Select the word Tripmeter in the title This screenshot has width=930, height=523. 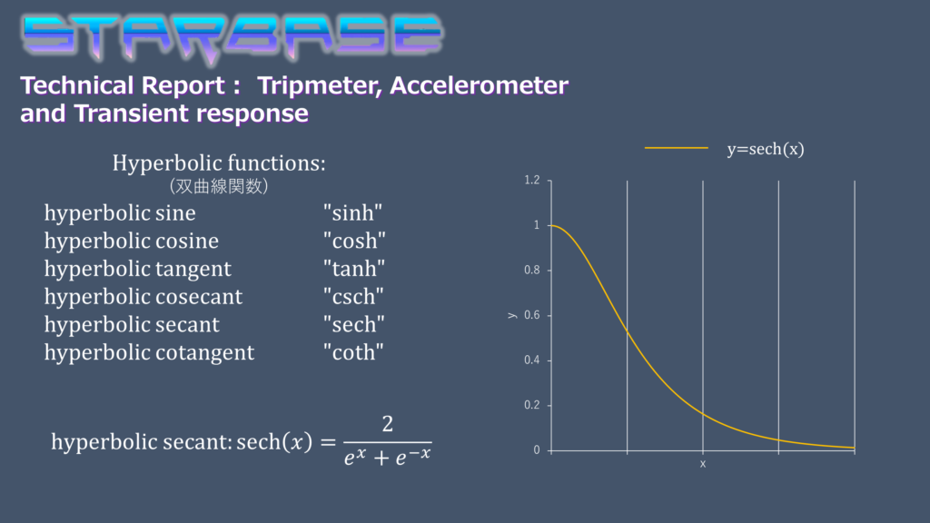tap(321, 86)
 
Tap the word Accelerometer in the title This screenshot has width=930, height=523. tap(480, 85)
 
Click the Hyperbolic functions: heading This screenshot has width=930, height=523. tap(219, 163)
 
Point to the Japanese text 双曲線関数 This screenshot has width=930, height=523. tap(219, 186)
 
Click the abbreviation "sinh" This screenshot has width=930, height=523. tap(353, 212)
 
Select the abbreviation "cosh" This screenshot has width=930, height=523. tap(355, 240)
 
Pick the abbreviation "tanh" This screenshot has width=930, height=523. tap(354, 268)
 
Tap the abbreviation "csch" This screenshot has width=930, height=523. tap(353, 296)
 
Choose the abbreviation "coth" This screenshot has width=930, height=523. tap(353, 351)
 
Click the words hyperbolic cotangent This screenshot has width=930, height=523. tap(150, 352)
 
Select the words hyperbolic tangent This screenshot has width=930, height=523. tap(138, 269)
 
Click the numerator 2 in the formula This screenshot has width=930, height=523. tap(387, 424)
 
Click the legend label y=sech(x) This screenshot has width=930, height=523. tap(766, 149)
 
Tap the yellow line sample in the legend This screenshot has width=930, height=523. tap(676, 148)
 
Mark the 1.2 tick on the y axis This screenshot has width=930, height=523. tap(532, 180)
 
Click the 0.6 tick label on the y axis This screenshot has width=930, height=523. tap(532, 315)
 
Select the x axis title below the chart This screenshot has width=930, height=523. tap(703, 464)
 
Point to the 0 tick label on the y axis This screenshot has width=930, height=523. tap(537, 450)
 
